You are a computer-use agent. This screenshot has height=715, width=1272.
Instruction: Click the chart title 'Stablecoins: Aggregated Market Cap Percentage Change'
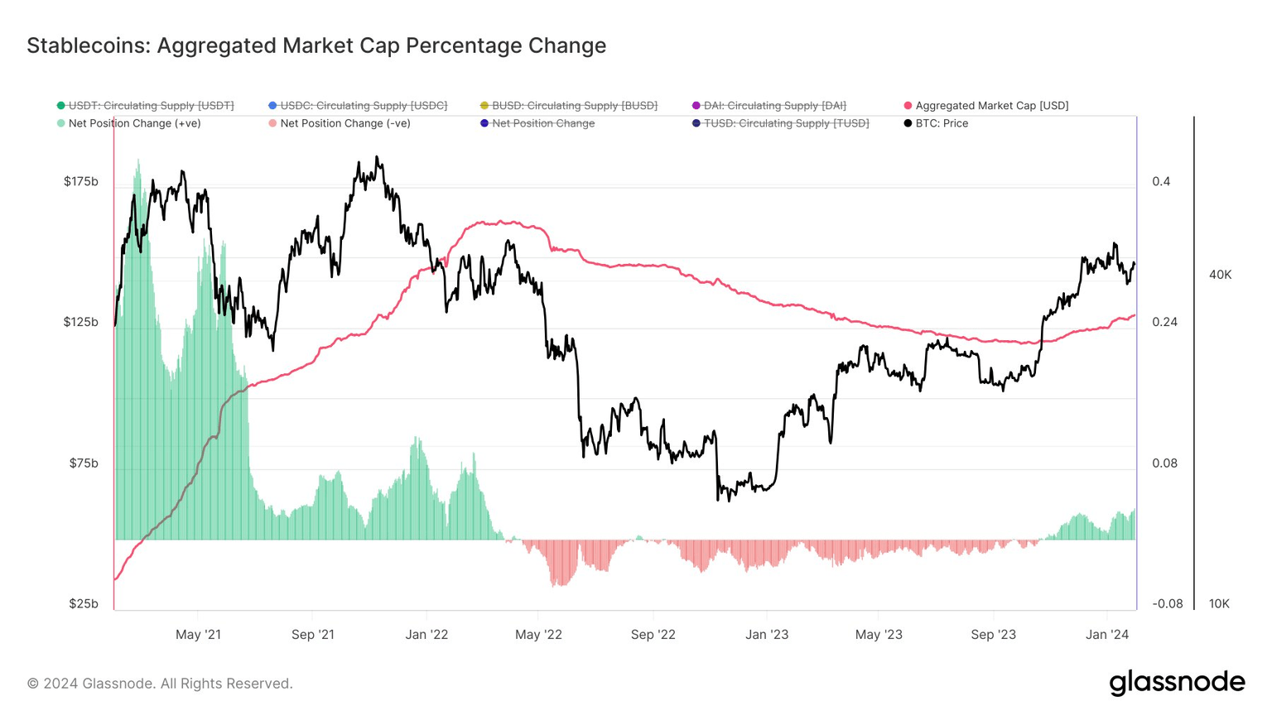tap(316, 46)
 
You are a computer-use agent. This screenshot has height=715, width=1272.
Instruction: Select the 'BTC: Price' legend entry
tap(941, 123)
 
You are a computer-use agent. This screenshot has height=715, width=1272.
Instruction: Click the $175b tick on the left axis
tap(81, 181)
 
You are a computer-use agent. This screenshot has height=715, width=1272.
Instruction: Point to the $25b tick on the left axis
tap(84, 603)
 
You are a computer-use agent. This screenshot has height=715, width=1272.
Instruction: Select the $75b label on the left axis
tap(84, 463)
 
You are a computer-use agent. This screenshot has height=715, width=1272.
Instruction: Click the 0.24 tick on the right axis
tap(1164, 322)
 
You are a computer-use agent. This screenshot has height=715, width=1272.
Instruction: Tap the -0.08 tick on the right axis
tap(1168, 603)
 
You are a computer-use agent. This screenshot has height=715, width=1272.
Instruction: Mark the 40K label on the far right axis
tap(1220, 275)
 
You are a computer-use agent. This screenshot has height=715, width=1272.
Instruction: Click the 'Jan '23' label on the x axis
tap(767, 635)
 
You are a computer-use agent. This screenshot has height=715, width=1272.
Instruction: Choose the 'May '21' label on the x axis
tap(199, 635)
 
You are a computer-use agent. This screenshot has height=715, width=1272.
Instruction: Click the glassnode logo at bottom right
tap(1177, 683)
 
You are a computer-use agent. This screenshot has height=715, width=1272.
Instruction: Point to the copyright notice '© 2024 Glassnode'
tap(160, 684)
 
